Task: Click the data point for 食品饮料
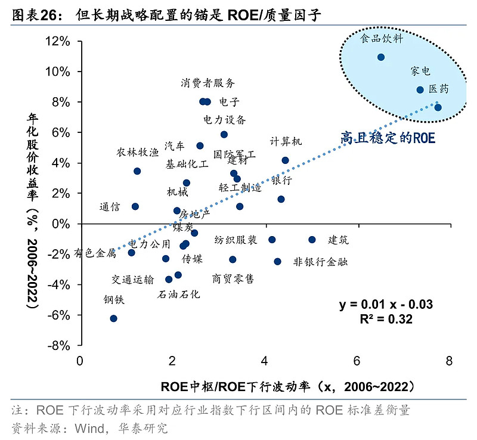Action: pos(381,57)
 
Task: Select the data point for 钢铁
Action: pos(113,318)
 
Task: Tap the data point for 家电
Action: pos(420,90)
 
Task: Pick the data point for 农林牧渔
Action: pos(137,171)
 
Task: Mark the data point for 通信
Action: pos(135,206)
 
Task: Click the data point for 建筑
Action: pos(312,240)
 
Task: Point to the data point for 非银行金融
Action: pos(277,261)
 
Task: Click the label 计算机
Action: pos(286,141)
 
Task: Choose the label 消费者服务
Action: pos(208,83)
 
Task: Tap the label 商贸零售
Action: pos(233,278)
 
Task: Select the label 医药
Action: pos(439,89)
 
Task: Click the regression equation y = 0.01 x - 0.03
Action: pos(386,305)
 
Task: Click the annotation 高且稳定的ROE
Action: pos(388,138)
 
